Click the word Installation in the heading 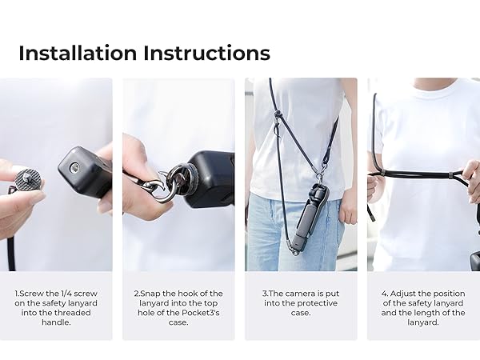pos(78,54)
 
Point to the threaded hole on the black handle pos(74,168)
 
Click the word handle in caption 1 pos(57,322)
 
